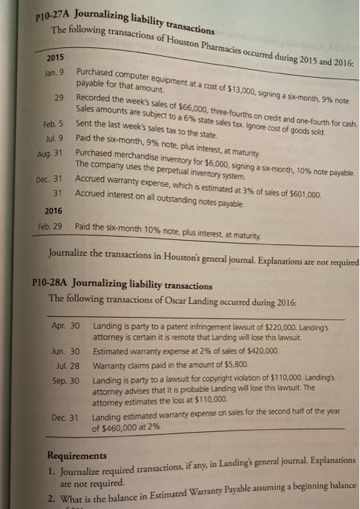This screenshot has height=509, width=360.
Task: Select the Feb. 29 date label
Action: click(x=32, y=228)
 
